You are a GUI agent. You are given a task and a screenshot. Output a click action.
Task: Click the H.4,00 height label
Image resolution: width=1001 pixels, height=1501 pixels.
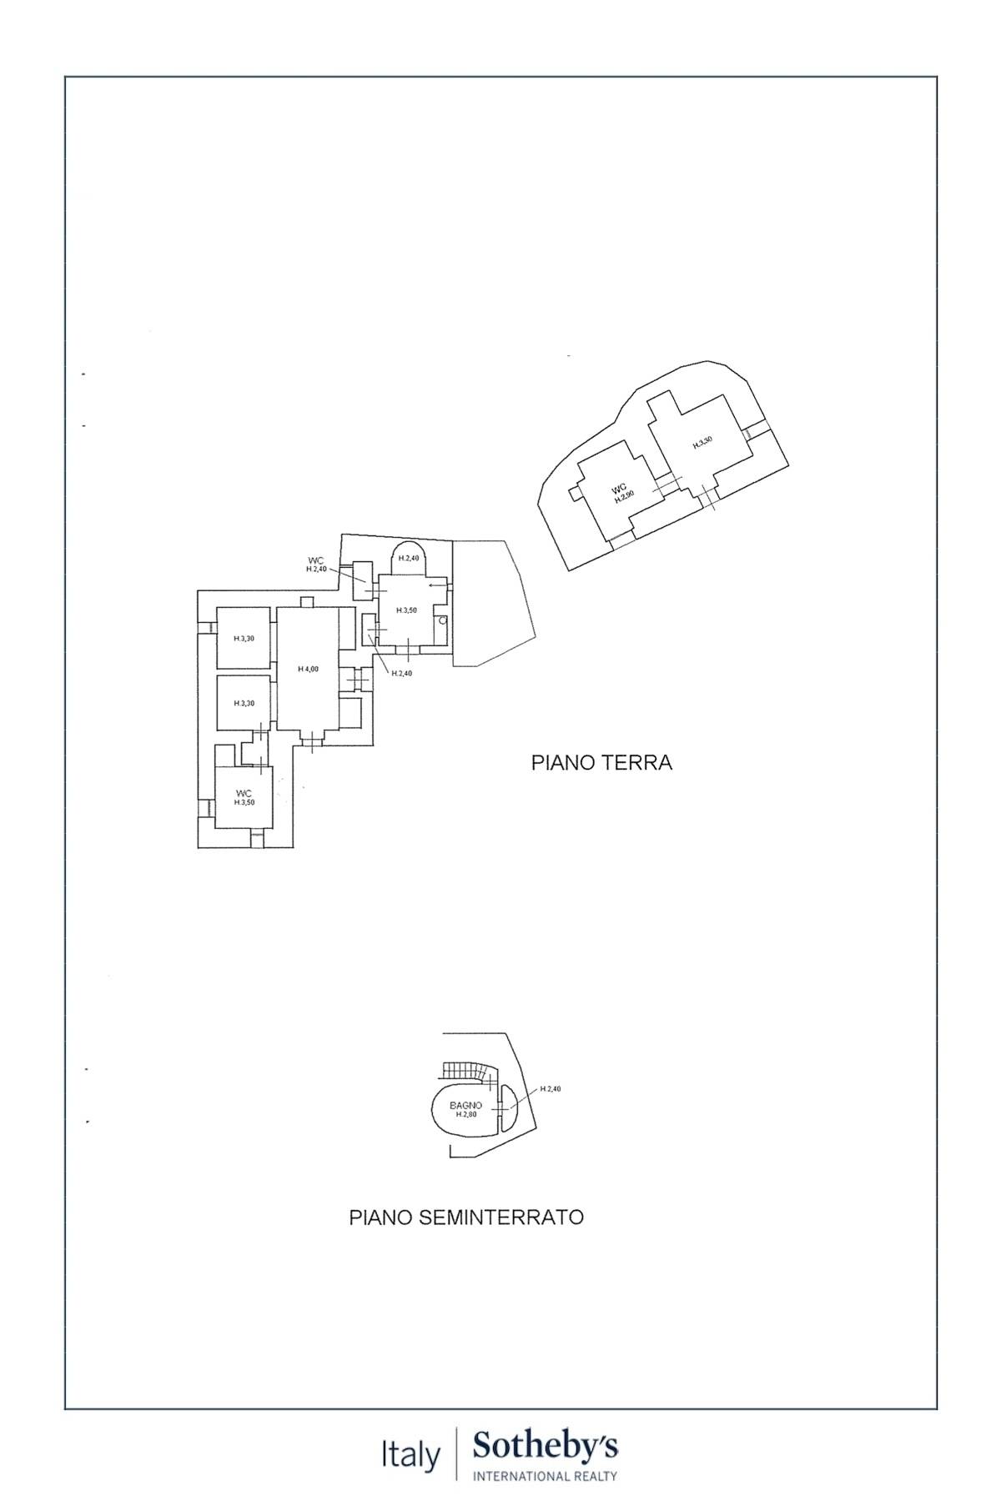click(x=308, y=669)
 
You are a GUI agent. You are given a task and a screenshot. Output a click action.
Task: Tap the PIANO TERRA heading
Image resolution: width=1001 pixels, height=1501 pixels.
click(x=601, y=762)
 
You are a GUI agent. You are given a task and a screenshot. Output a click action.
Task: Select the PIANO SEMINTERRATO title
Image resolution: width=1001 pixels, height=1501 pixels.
click(x=465, y=1217)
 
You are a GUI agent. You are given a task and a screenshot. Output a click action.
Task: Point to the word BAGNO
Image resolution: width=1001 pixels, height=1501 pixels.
click(x=465, y=1105)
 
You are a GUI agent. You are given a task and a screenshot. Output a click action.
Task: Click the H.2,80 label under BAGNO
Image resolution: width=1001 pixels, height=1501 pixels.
click(x=465, y=1114)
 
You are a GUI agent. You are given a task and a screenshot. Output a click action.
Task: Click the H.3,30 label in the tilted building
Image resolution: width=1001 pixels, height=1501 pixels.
click(x=702, y=443)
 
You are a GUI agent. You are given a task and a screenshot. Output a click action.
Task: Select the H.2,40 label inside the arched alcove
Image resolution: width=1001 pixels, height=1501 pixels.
click(x=408, y=558)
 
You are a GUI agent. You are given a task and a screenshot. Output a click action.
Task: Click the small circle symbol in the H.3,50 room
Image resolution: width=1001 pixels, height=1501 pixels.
click(x=443, y=621)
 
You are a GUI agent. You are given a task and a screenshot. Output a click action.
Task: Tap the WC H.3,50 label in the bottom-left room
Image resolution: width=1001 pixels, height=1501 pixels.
click(x=244, y=798)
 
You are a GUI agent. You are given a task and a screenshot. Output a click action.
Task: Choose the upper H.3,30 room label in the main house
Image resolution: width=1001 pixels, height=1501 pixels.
click(x=244, y=639)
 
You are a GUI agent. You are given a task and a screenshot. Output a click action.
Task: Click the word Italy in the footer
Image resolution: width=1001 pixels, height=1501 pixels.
click(x=410, y=1456)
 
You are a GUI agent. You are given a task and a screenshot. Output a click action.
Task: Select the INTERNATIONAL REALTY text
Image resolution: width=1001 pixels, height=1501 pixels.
click(x=546, y=1476)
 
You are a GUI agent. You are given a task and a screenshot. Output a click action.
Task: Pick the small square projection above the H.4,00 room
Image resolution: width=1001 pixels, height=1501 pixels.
click(x=307, y=602)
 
